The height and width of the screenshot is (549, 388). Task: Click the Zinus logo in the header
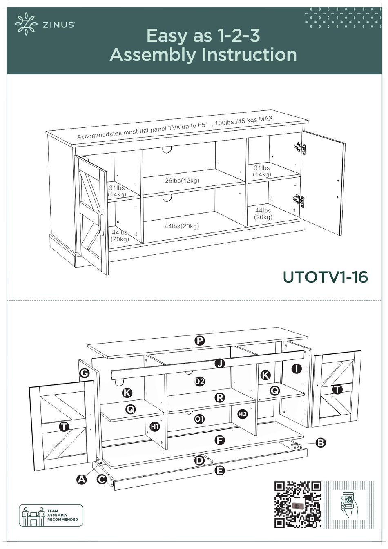click(x=44, y=24)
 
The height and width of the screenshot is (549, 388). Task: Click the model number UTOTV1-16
click(x=325, y=277)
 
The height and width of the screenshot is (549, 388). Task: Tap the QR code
click(x=298, y=504)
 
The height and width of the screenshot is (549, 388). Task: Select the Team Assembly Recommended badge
click(x=51, y=515)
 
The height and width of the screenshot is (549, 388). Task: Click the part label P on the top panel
click(x=199, y=340)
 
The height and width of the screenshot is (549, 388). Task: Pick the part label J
click(x=220, y=364)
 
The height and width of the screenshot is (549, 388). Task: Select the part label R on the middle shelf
click(x=220, y=397)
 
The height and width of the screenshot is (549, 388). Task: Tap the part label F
click(x=220, y=440)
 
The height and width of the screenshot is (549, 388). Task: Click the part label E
click(x=220, y=471)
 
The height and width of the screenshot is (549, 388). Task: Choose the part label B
click(x=321, y=442)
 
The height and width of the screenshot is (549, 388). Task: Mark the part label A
click(x=82, y=480)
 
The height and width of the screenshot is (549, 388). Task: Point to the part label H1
click(x=154, y=426)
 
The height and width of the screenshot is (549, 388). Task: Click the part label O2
click(x=199, y=382)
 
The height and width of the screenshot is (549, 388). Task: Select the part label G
click(x=85, y=373)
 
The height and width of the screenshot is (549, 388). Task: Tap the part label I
click(x=297, y=369)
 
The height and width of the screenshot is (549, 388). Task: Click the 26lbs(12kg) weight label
click(x=182, y=181)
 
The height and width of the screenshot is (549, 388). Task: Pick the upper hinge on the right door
click(x=301, y=149)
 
